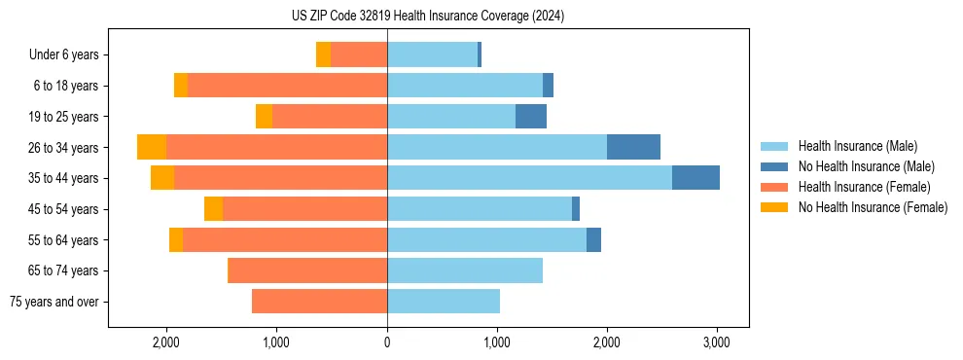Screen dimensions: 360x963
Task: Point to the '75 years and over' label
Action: click(x=53, y=302)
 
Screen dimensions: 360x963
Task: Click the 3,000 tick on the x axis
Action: click(x=716, y=342)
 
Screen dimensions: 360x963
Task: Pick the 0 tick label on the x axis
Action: click(x=387, y=342)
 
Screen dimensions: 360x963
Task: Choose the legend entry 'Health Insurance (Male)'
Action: click(x=857, y=146)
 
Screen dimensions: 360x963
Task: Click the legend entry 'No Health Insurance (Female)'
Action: click(x=873, y=207)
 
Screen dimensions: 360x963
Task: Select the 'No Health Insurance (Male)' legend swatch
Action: click(x=774, y=166)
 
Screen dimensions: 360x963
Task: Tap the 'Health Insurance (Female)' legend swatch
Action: click(x=774, y=187)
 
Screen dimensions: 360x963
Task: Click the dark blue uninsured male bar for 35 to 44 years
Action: click(x=695, y=178)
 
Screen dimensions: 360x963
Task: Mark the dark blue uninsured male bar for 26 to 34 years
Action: click(x=633, y=147)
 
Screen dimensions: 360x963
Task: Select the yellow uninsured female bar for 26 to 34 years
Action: click(x=152, y=147)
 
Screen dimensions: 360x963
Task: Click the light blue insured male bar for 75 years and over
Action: click(x=444, y=302)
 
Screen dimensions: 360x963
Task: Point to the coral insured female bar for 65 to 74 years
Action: click(x=307, y=270)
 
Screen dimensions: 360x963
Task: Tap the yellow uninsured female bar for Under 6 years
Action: click(x=323, y=54)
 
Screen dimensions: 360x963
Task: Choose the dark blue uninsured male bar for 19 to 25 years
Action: click(x=531, y=117)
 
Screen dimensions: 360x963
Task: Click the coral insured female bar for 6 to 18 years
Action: click(x=287, y=86)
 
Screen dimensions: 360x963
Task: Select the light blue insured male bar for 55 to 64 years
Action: click(x=486, y=239)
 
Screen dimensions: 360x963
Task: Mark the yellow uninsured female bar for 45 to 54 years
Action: click(x=213, y=209)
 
